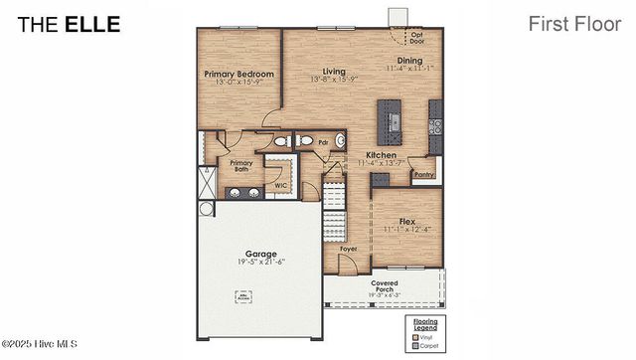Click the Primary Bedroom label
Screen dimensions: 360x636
(x=238, y=74)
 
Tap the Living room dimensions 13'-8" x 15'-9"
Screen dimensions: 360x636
(x=334, y=80)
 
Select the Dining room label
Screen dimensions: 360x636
(x=409, y=61)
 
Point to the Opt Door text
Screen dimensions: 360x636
(x=417, y=39)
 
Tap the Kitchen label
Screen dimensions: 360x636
(x=383, y=155)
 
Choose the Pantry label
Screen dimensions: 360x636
(x=424, y=174)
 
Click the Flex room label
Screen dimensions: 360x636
(x=406, y=221)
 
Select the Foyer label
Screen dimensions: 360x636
(x=348, y=249)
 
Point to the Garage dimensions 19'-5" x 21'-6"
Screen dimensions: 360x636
(x=261, y=262)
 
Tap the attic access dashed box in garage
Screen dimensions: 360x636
(x=242, y=295)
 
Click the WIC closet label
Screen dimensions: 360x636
(x=280, y=185)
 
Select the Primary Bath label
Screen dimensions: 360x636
(x=241, y=166)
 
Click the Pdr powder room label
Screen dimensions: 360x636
(x=323, y=142)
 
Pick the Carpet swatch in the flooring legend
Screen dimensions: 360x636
(x=414, y=345)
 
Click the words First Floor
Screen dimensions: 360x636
(x=574, y=23)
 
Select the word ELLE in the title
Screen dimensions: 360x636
(x=92, y=24)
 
